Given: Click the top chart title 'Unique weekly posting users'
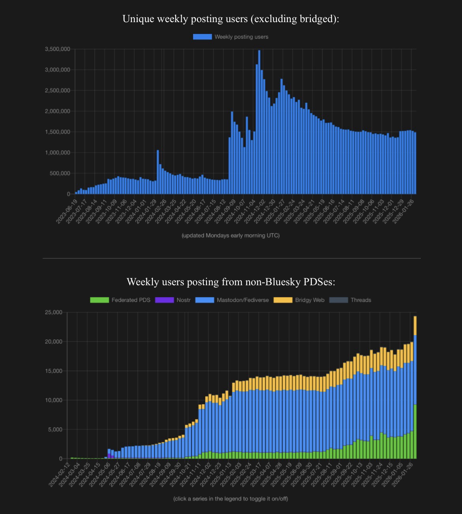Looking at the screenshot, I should [x=231, y=19].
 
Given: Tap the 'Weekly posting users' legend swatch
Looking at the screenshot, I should [x=202, y=37].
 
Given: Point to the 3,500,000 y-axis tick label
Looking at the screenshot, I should [x=58, y=49].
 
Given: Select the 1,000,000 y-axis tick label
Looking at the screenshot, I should [x=58, y=153].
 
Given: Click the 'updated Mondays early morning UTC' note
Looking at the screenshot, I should [x=231, y=235].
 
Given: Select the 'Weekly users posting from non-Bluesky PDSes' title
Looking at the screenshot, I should [x=231, y=282].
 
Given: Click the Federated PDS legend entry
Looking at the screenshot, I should [x=120, y=300].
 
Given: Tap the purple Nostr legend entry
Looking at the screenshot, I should [x=174, y=300].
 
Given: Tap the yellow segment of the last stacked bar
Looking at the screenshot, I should [x=415, y=326].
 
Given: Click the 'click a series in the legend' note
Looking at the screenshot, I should [x=231, y=499].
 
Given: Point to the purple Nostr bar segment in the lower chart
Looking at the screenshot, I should [x=109, y=456].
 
